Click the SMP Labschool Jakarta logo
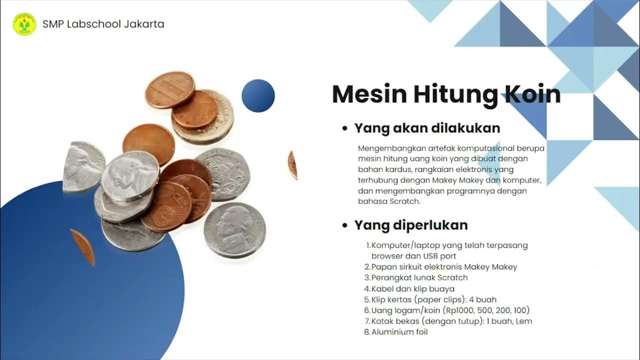click(x=24, y=24)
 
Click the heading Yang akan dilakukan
click(x=427, y=128)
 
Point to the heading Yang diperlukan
click(x=411, y=225)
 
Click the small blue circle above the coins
click(x=258, y=95)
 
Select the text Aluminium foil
click(x=399, y=332)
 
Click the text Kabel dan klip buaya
click(x=413, y=288)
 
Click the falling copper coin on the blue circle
click(x=83, y=247)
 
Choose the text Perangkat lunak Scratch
click(x=419, y=277)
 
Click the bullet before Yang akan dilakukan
click(x=344, y=128)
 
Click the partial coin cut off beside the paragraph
click(x=293, y=165)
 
